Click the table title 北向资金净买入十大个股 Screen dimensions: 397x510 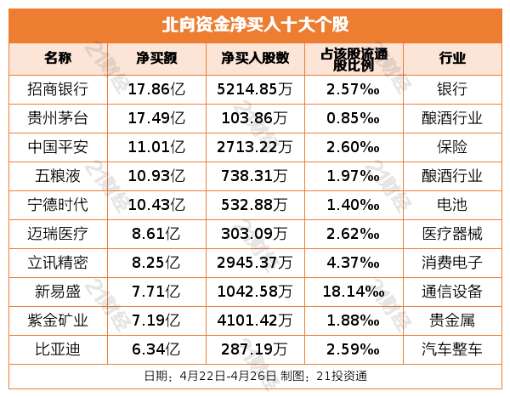(x=254, y=24)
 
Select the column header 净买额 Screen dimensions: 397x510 (x=155, y=59)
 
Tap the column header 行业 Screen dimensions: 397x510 (x=452, y=59)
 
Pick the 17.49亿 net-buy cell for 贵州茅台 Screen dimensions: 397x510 (x=155, y=118)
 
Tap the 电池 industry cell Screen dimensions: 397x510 (x=452, y=205)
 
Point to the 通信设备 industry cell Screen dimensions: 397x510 (x=452, y=292)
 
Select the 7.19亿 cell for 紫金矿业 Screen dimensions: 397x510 (x=155, y=320)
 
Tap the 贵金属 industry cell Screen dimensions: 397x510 (x=452, y=320)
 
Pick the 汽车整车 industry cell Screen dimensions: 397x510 (x=452, y=349)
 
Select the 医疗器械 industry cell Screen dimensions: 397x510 (x=452, y=234)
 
